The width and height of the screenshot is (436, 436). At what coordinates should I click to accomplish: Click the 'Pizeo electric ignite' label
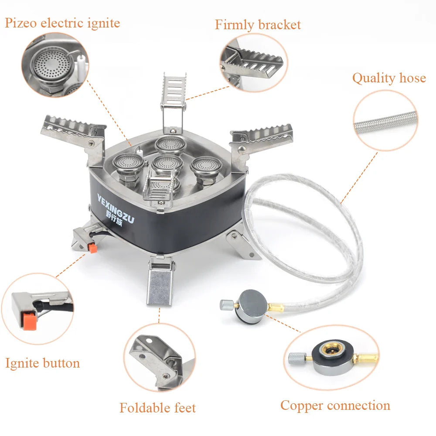(62, 23)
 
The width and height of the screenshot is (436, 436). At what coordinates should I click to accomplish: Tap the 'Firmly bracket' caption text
(258, 25)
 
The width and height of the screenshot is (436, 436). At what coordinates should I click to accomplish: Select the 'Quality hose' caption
(389, 78)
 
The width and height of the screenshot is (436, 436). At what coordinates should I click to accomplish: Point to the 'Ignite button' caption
(43, 363)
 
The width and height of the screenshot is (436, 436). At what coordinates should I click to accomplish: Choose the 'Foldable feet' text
(158, 408)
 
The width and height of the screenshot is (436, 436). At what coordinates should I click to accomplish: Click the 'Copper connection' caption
(335, 405)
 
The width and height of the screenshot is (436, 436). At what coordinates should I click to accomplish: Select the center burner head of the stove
(168, 163)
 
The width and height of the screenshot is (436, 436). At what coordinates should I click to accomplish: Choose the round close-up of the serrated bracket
(254, 62)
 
